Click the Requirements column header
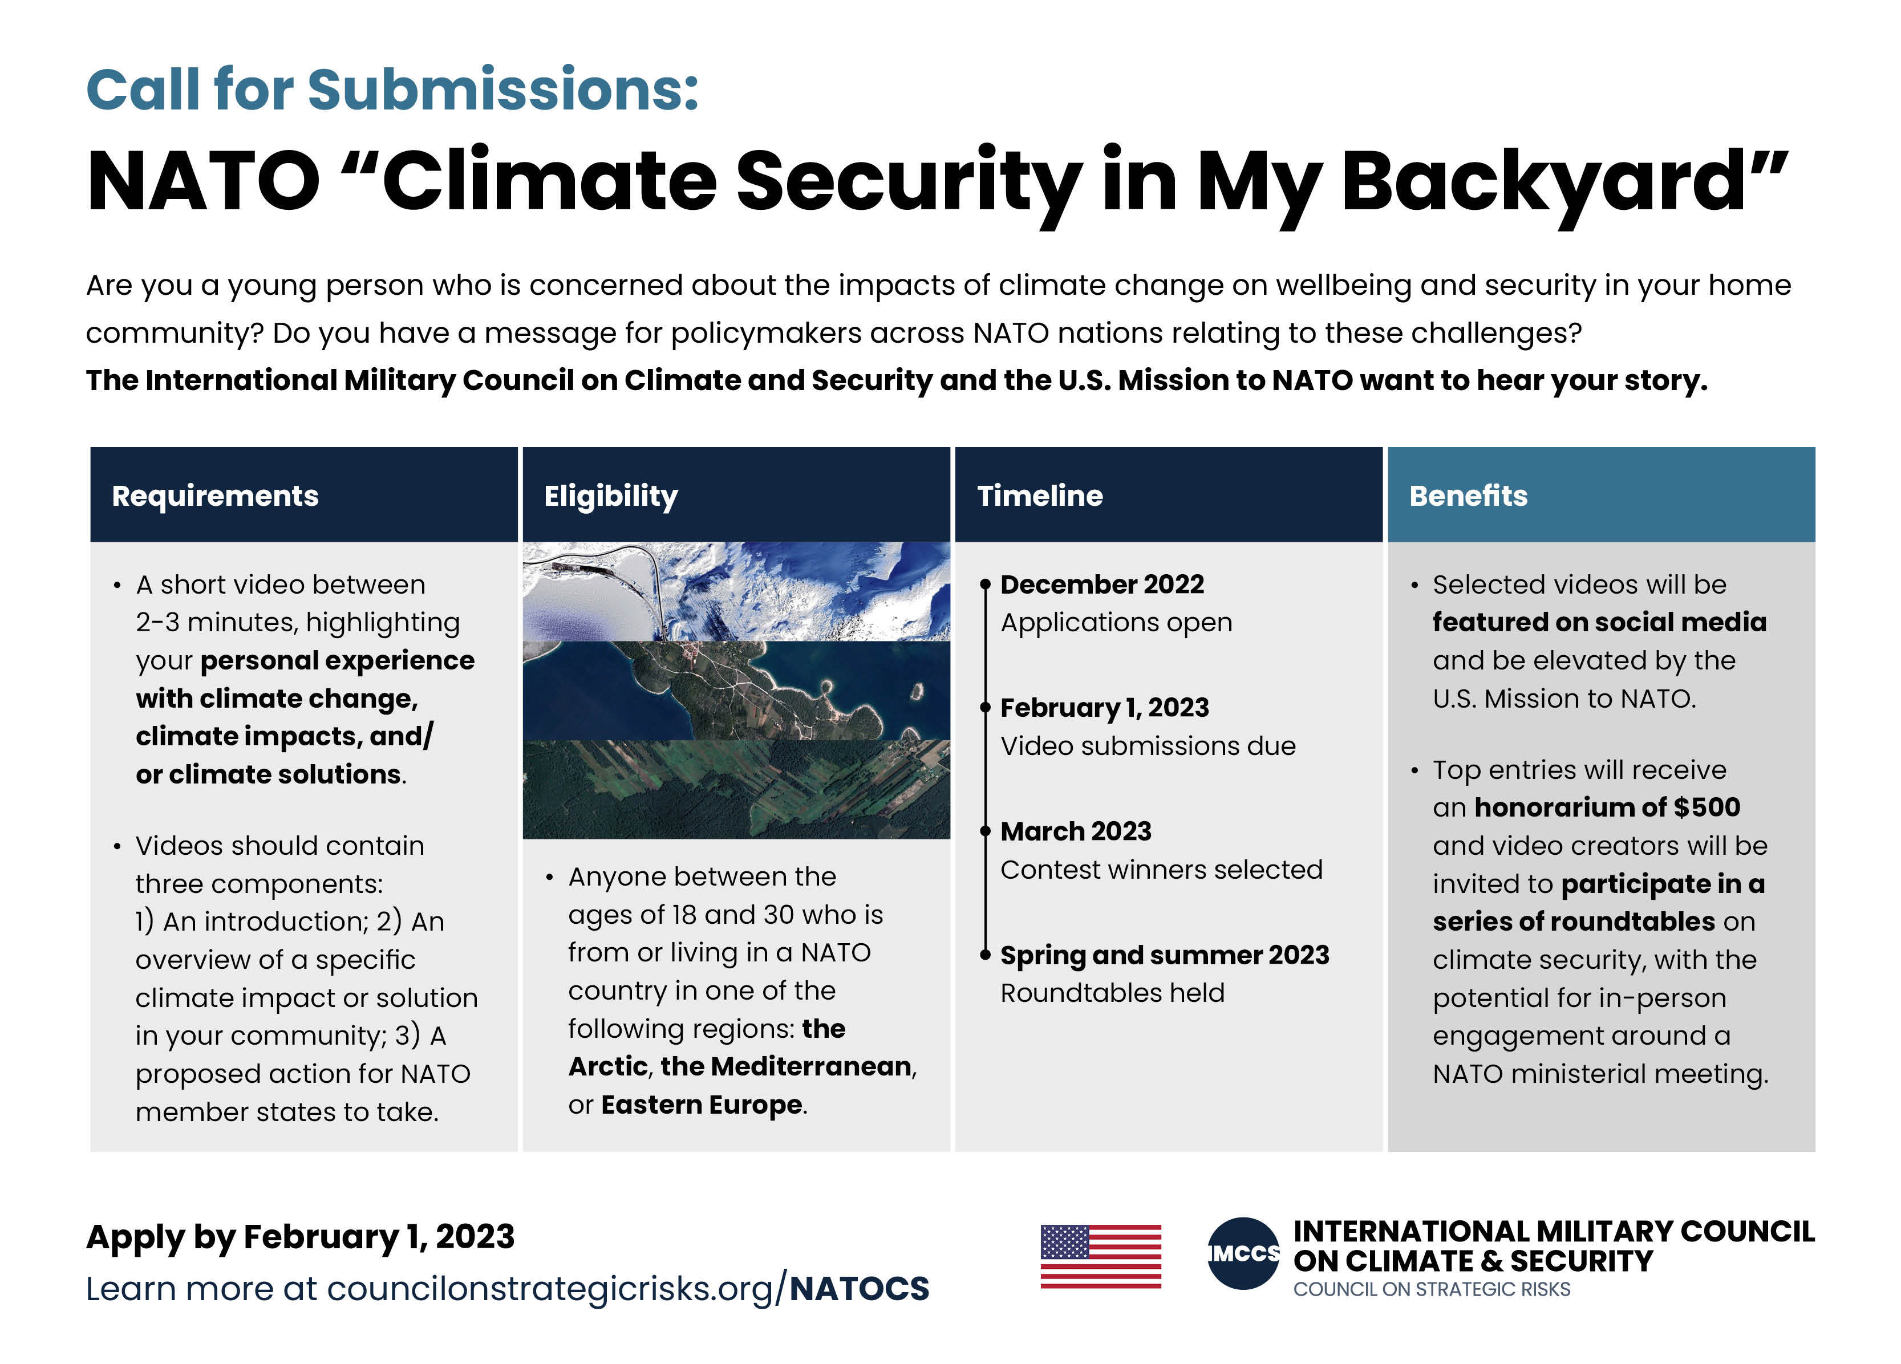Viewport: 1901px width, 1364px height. click(x=216, y=496)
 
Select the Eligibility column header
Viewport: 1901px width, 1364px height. click(x=610, y=496)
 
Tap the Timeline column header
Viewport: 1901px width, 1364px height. click(x=1039, y=496)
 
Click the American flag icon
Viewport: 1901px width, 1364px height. click(x=1101, y=1256)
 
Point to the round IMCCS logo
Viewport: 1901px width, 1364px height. click(x=1243, y=1253)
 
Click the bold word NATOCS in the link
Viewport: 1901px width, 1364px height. click(x=859, y=1289)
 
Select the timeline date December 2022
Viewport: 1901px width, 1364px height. click(x=1101, y=584)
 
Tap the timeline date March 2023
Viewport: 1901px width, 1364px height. click(x=1075, y=831)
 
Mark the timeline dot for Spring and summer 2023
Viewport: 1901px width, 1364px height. click(x=986, y=955)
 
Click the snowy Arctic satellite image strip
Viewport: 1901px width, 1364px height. click(x=736, y=591)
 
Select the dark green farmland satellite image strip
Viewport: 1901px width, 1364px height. click(x=736, y=789)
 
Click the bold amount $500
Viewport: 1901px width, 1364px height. click(x=1707, y=807)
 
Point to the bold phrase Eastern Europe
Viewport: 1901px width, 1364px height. click(x=702, y=1105)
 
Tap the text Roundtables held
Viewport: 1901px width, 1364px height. click(x=1112, y=993)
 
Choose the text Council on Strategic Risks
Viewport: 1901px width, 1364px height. click(x=1431, y=1289)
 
